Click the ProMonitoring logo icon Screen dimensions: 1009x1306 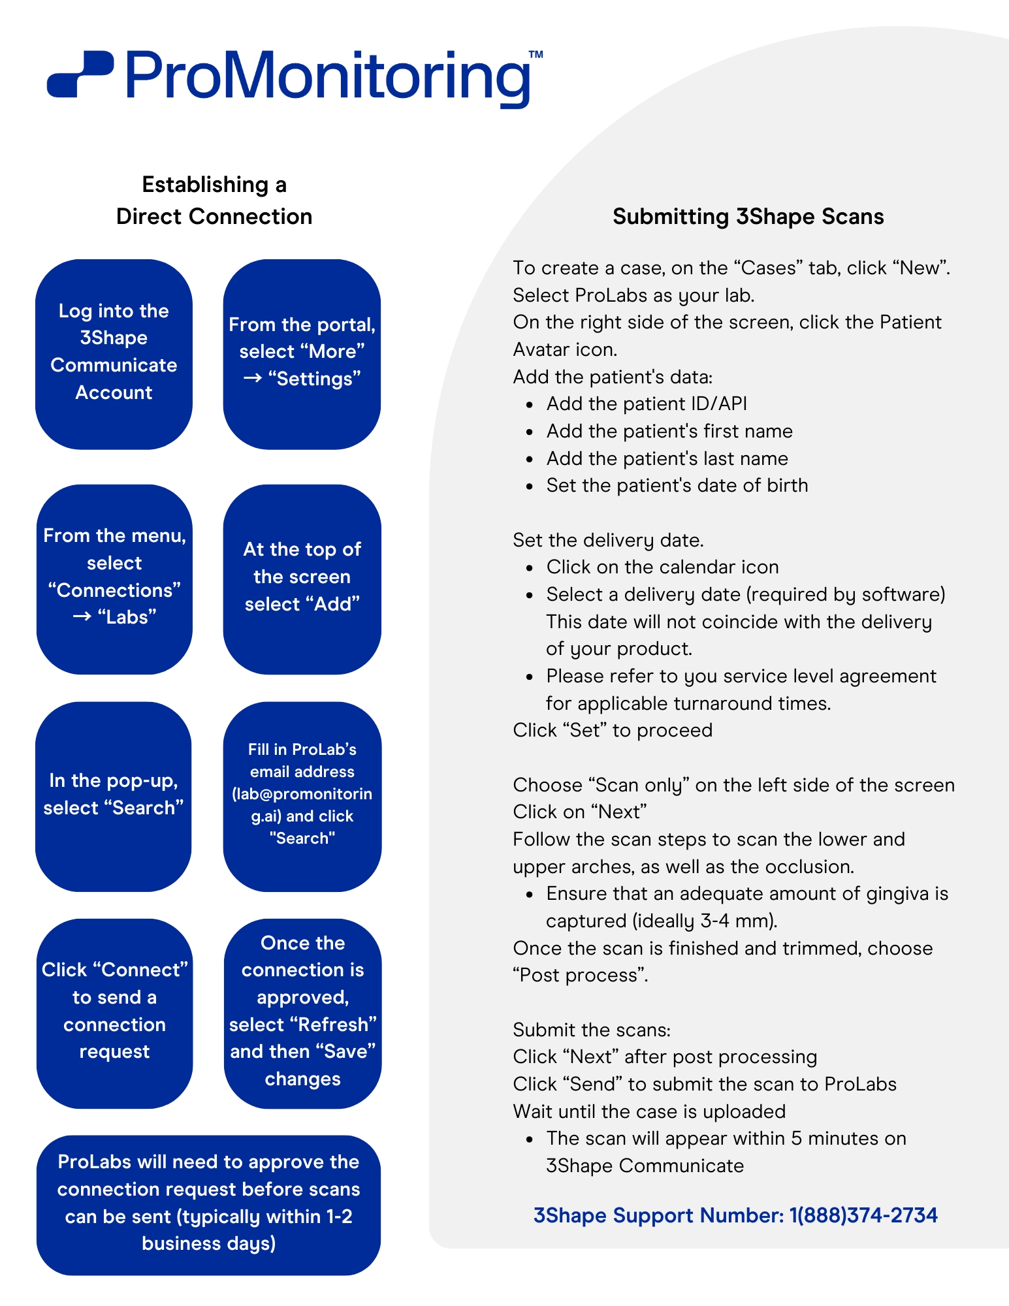(80, 74)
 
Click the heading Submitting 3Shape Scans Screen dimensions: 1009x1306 (748, 217)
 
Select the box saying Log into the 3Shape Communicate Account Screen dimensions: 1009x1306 (114, 354)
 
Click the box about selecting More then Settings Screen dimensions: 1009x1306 (302, 354)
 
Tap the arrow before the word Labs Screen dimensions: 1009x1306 (82, 617)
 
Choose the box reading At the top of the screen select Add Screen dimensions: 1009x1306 (302, 579)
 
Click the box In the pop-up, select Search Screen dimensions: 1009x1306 (114, 797)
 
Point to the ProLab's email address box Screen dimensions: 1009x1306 (302, 797)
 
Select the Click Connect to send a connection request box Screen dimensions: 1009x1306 (114, 1013)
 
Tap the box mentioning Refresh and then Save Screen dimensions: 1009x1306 (302, 1013)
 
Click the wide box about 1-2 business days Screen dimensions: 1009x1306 (208, 1205)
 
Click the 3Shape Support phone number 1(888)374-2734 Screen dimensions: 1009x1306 (863, 1215)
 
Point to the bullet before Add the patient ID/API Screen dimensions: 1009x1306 (530, 406)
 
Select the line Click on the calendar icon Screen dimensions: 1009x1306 (662, 567)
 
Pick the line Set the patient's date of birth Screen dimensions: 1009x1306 (677, 485)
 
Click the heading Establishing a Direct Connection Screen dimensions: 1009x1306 (214, 200)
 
